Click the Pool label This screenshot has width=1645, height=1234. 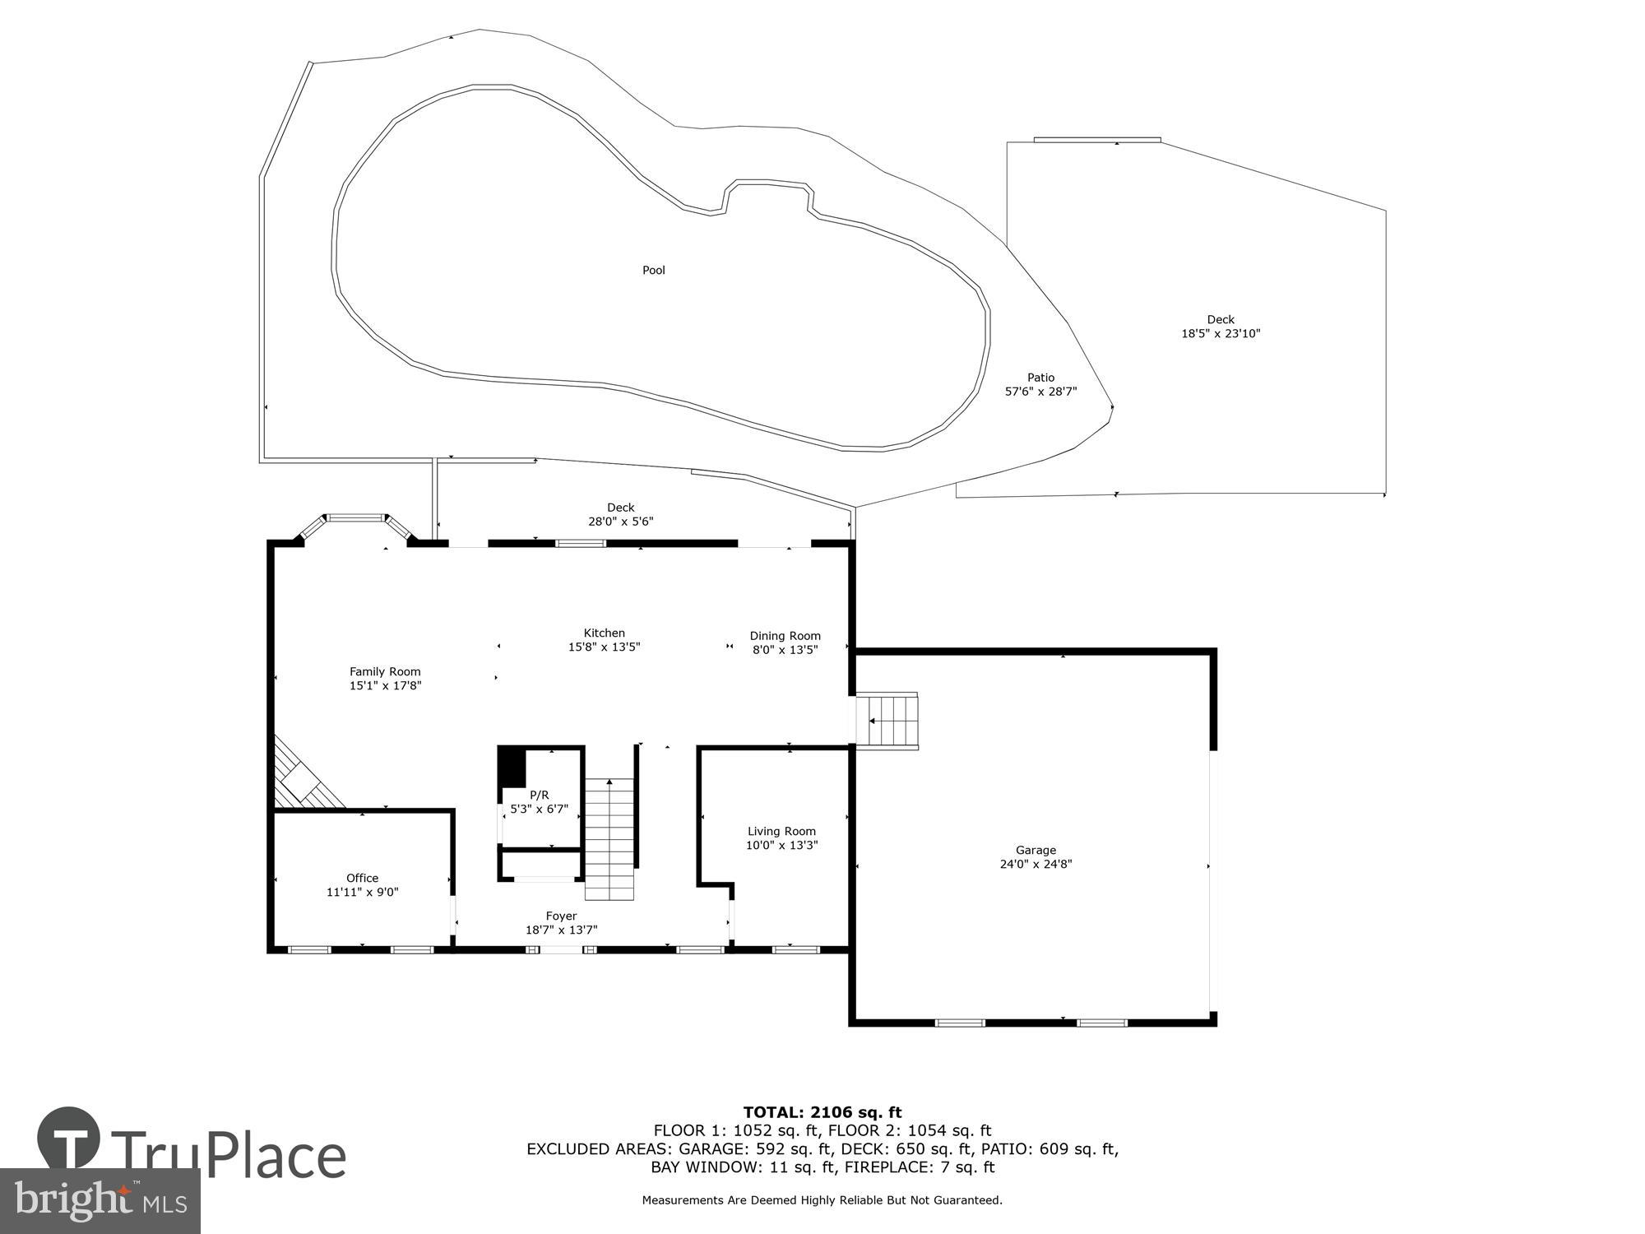click(653, 270)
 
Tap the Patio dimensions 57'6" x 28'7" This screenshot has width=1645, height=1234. click(1040, 392)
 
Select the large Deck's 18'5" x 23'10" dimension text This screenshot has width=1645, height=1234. click(1221, 333)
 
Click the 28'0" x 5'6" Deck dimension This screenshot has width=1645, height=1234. click(620, 521)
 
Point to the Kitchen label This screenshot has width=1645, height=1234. click(604, 633)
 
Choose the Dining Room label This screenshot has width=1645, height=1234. click(785, 635)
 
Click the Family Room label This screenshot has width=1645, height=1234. click(385, 671)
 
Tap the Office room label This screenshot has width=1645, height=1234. click(362, 878)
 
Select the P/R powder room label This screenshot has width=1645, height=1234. click(539, 795)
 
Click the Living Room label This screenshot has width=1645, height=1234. click(781, 831)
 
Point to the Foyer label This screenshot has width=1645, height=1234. click(561, 916)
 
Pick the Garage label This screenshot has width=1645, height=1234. click(1035, 850)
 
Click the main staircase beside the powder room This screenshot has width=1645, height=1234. click(609, 839)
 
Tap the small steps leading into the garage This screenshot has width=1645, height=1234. click(887, 721)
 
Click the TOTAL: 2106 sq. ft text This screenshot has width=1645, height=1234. click(822, 1112)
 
